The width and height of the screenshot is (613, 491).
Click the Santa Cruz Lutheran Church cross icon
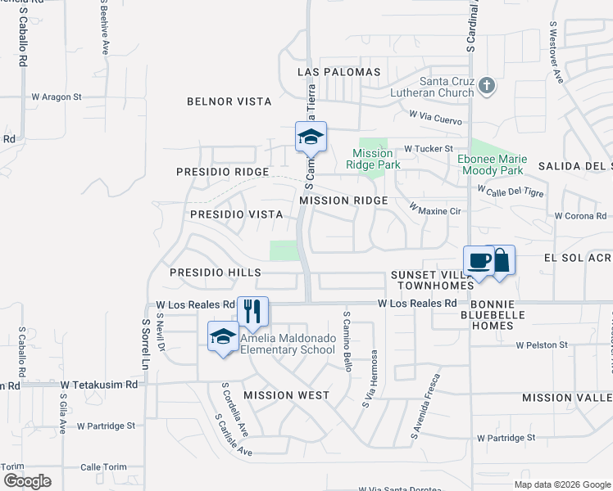[487, 85]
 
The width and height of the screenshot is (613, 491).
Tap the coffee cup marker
[479, 261]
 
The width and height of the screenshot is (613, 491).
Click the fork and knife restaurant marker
[252, 311]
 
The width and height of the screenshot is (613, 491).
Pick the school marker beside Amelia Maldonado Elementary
[223, 337]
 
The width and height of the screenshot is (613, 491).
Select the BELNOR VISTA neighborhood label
[229, 101]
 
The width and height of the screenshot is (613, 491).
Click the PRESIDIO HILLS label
[216, 273]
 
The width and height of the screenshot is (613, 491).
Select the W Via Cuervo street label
[437, 116]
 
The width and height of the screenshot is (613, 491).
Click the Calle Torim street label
[103, 467]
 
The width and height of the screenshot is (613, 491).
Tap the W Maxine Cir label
[437, 211]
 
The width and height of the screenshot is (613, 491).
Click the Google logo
[28, 480]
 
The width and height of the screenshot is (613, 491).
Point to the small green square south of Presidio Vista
[284, 250]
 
